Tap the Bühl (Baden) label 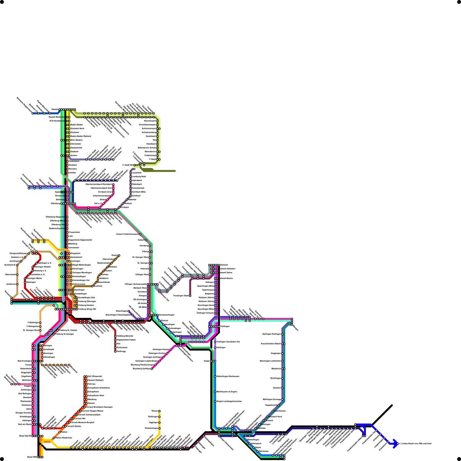[77, 140]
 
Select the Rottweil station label [224, 265]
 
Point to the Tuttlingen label [225, 326]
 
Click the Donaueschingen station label [166, 315]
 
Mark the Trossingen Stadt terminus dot [190, 296]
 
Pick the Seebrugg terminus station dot [115, 351]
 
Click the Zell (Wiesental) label [95, 376]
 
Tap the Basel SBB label [32, 457]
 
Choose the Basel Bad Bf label [25, 436]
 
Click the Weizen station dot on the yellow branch [159, 411]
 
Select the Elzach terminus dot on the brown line [119, 255]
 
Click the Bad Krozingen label [24, 361]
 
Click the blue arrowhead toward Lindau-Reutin [395, 444]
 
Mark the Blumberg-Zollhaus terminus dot [152, 369]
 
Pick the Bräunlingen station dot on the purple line [129, 311]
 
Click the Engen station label [207, 361]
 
